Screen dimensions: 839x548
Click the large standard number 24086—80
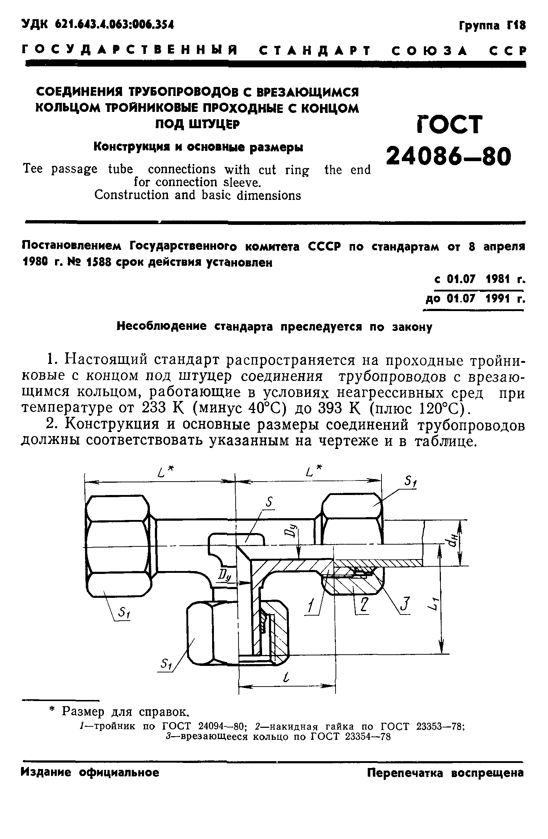point(448,156)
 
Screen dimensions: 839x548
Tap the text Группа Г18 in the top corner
point(492,26)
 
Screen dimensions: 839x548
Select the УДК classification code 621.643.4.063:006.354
point(98,25)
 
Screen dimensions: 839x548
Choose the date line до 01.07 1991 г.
point(475,299)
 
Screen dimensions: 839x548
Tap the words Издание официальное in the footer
point(90,773)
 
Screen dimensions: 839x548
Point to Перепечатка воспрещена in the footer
point(445,773)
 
